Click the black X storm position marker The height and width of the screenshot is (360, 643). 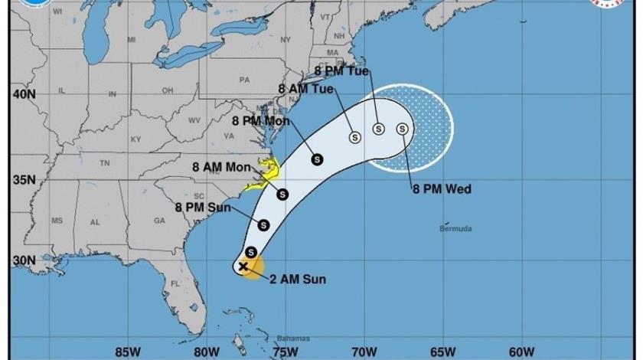[243, 267]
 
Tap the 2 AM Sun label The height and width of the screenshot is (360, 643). [298, 280]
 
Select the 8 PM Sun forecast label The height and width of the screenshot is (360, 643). [201, 207]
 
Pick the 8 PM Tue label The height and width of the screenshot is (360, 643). [341, 71]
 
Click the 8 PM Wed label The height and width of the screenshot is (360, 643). [441, 189]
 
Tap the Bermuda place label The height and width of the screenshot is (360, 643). [455, 228]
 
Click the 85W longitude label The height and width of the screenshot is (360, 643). [124, 352]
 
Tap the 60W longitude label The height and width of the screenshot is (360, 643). [521, 352]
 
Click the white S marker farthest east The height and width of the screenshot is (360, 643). [402, 129]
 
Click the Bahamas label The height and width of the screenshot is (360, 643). [294, 339]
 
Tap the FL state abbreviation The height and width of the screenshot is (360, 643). [175, 283]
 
